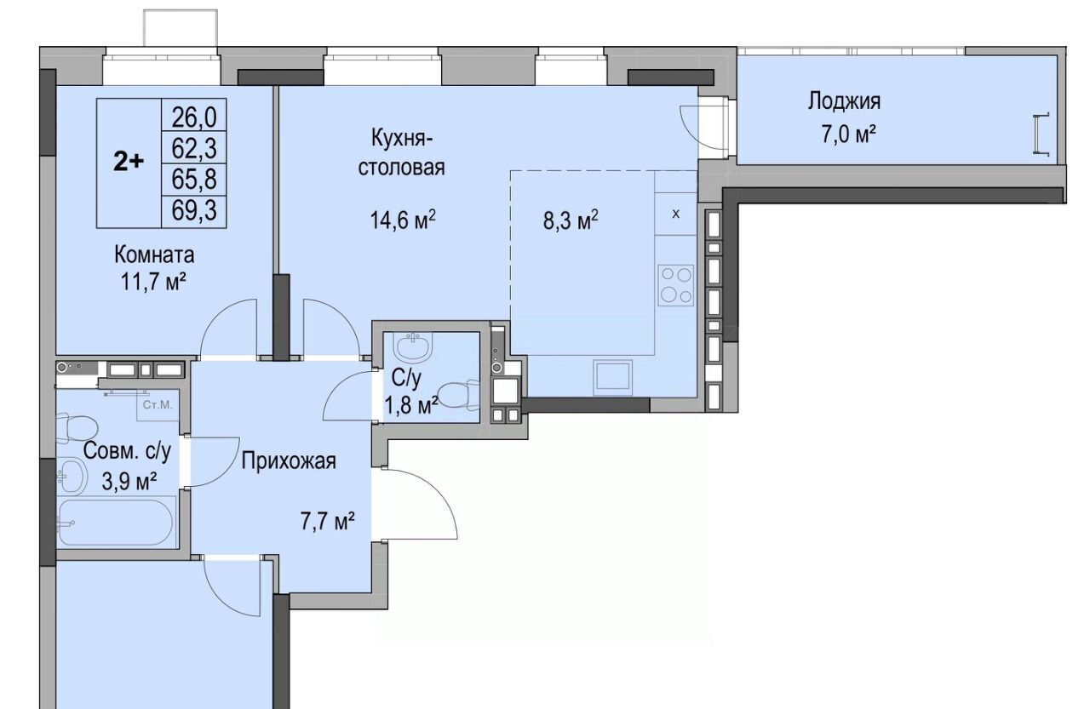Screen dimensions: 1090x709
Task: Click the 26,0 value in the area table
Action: coord(194,117)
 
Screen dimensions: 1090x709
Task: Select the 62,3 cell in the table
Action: coord(194,148)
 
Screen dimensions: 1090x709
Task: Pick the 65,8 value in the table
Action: coord(194,179)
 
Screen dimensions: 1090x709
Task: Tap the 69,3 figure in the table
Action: coord(194,211)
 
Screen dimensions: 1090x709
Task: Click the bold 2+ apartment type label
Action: coord(129,162)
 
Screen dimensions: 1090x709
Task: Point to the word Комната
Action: coord(154,254)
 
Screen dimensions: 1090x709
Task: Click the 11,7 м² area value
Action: coord(152,282)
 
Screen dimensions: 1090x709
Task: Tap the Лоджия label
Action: coord(844,101)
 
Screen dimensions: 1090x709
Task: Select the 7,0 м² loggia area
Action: coord(849,134)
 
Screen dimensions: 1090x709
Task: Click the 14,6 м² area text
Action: coord(403,220)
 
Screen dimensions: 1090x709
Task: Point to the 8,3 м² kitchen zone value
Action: coord(571,221)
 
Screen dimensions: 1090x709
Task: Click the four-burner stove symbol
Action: coord(675,286)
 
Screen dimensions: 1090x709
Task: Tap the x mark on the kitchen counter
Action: coord(676,214)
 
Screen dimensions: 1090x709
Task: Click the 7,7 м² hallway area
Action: coord(328,523)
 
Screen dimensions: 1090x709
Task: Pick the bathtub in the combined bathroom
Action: coord(116,523)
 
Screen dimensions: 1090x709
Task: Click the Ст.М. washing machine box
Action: coord(158,405)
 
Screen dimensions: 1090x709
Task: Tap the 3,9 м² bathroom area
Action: coord(129,482)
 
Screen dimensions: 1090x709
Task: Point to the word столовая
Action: coord(401,168)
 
